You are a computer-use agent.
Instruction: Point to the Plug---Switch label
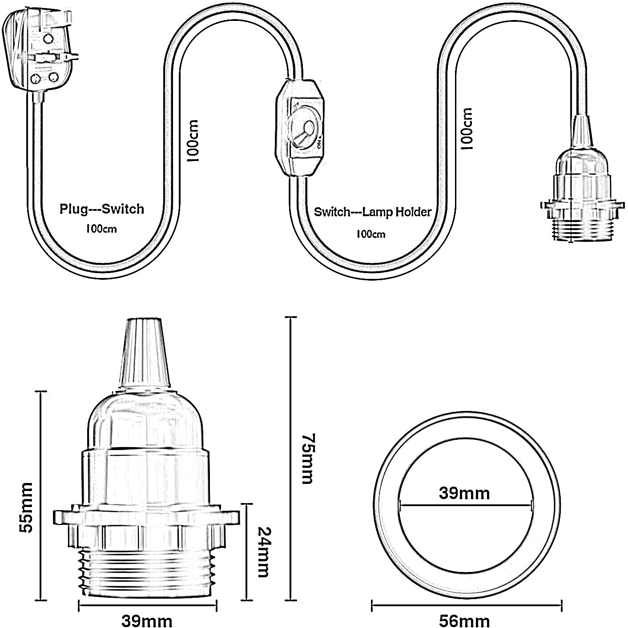pyautogui.click(x=102, y=209)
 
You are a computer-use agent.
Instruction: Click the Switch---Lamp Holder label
pyautogui.click(x=373, y=212)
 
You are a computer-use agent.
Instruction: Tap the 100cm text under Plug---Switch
pyautogui.click(x=101, y=229)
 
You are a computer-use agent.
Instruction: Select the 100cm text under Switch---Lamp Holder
pyautogui.click(x=370, y=234)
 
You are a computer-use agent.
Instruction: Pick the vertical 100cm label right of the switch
pyautogui.click(x=467, y=129)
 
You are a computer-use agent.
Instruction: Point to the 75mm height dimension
pyautogui.click(x=307, y=458)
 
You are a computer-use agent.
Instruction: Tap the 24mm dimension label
pyautogui.click(x=263, y=552)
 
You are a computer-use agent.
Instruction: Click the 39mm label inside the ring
pyautogui.click(x=464, y=493)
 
